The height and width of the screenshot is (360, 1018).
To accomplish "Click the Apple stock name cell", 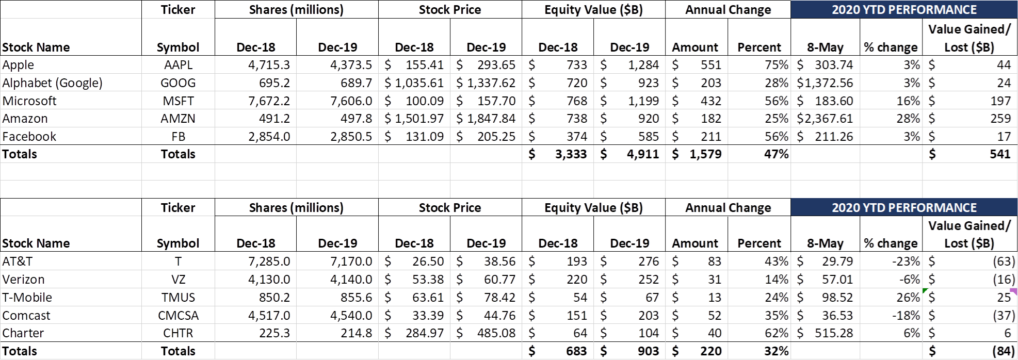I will pyautogui.click(x=19, y=65).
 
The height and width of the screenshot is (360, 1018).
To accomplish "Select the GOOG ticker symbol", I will pyautogui.click(x=178, y=83).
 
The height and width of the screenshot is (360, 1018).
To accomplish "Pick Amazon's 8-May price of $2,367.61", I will pyautogui.click(x=825, y=119).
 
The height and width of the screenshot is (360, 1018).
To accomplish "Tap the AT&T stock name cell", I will pyautogui.click(x=18, y=261).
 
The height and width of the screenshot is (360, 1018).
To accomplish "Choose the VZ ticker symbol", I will pyautogui.click(x=178, y=280).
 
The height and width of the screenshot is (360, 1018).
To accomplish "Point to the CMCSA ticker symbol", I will pyautogui.click(x=178, y=316).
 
